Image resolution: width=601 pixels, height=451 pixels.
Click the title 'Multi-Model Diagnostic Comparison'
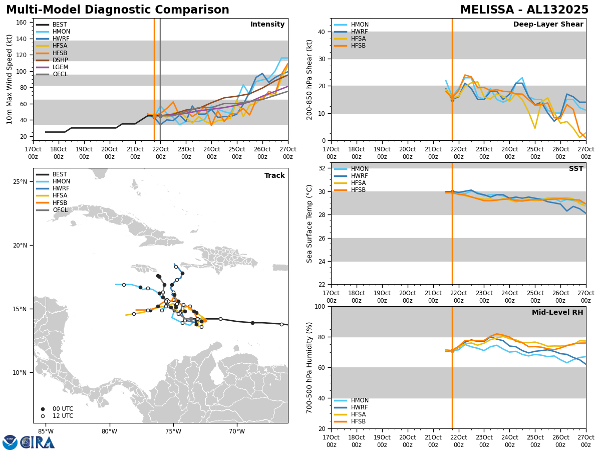click(118, 10)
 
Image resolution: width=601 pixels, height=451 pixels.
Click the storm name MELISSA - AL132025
click(524, 10)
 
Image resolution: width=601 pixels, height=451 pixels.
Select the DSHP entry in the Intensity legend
click(60, 60)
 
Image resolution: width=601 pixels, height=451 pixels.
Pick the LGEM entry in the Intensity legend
click(60, 67)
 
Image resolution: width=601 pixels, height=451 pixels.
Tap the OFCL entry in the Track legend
click(60, 210)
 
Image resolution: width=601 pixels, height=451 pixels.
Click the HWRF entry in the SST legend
click(359, 176)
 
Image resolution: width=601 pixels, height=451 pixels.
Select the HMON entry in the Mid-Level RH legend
click(359, 400)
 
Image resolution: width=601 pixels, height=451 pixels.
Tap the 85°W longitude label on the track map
click(46, 431)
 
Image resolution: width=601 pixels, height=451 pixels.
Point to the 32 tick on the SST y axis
click(323, 168)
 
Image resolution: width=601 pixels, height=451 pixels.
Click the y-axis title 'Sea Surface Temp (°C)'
click(310, 223)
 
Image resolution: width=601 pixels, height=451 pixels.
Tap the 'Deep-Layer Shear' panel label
click(548, 25)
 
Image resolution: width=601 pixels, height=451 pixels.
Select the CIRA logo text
click(38, 442)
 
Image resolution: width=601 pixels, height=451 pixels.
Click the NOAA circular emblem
click(10, 442)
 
